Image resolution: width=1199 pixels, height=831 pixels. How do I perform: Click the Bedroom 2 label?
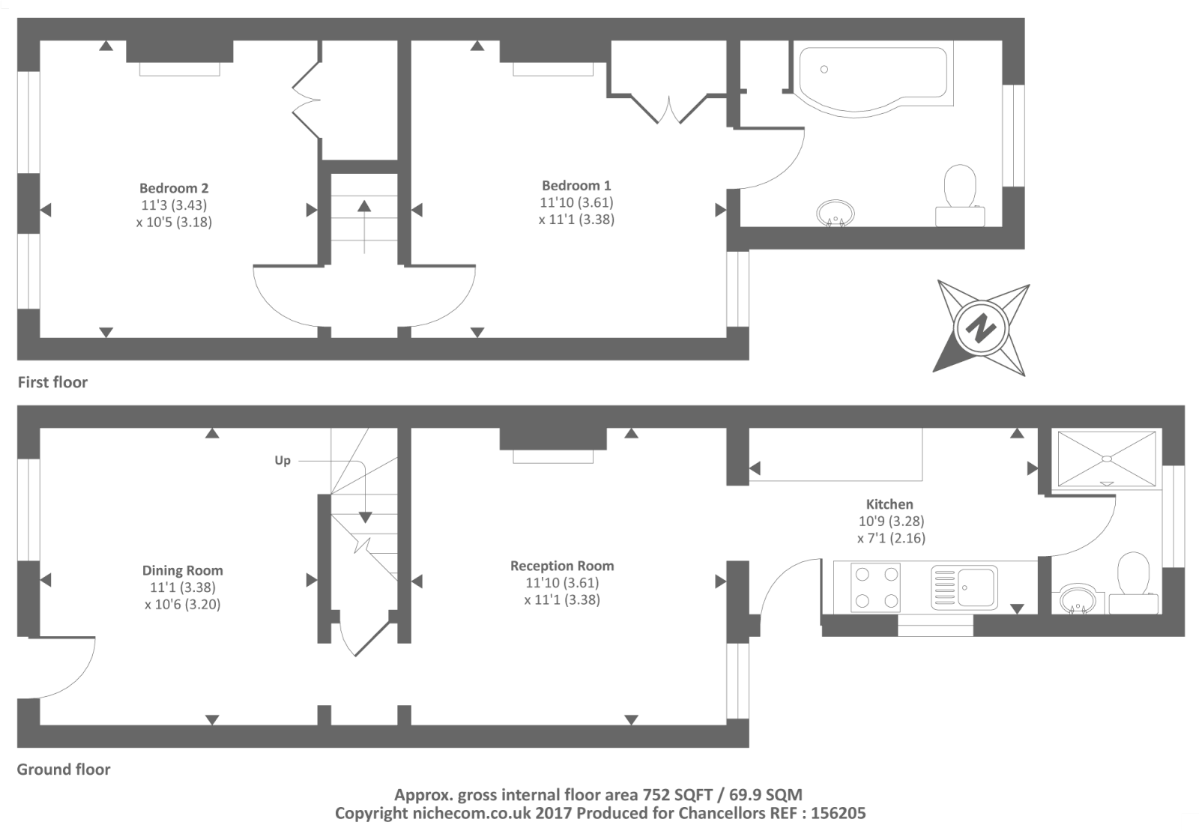click(174, 188)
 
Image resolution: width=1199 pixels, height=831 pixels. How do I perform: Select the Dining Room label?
click(183, 570)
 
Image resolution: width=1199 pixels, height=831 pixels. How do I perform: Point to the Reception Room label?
click(562, 566)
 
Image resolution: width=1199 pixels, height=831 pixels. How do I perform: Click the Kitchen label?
click(890, 504)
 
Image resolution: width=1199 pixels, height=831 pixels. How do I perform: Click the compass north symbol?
click(979, 327)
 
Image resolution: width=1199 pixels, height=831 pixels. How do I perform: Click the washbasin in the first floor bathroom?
click(836, 212)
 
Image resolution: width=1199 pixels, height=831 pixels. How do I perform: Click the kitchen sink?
click(964, 586)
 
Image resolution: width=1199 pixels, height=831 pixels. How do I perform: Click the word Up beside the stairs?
click(283, 460)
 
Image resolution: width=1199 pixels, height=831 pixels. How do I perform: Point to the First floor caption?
click(52, 383)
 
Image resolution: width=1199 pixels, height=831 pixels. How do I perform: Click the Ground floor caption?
click(64, 770)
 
